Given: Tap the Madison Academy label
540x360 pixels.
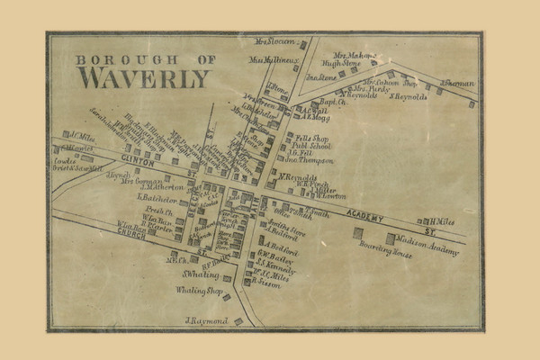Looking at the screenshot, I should coord(426,238).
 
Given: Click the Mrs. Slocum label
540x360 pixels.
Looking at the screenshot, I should coord(276,41).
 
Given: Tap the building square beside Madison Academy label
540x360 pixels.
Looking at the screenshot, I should coord(391,238).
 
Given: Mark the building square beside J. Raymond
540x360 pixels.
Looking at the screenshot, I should coord(238,320).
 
